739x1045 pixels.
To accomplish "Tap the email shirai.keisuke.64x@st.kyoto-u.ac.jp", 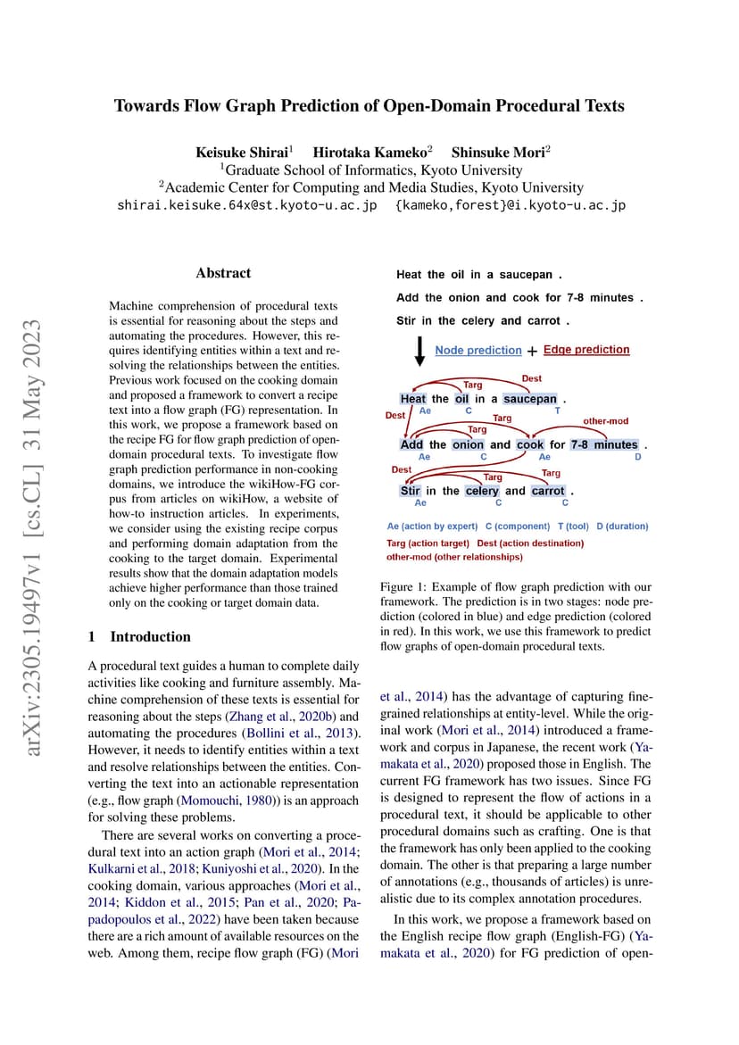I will click(x=246, y=205).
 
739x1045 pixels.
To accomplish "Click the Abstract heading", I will click(x=223, y=273).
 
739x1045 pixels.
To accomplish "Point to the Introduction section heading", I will click(x=150, y=636).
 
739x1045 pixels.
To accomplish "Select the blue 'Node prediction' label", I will click(x=477, y=351).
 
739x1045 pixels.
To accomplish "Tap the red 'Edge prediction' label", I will click(x=586, y=350).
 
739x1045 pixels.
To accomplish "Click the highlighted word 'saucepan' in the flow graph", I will click(x=529, y=399).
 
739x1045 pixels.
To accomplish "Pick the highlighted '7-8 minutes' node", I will click(x=604, y=444).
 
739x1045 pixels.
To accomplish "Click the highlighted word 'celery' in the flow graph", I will click(x=482, y=491).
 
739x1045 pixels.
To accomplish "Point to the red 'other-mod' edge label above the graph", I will click(x=606, y=420).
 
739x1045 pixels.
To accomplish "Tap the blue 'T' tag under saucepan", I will click(x=558, y=411).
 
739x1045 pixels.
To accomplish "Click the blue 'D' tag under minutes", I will click(x=637, y=457).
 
